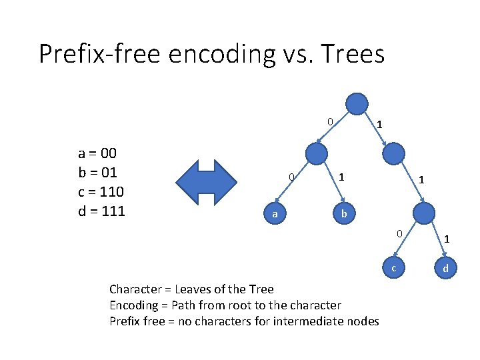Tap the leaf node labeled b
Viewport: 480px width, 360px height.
pyautogui.click(x=343, y=213)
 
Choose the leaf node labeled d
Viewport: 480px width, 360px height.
pyautogui.click(x=446, y=268)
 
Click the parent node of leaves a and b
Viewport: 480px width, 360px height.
pyautogui.click(x=316, y=153)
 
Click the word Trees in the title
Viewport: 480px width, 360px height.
pyautogui.click(x=353, y=53)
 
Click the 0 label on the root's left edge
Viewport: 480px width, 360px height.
pyautogui.click(x=329, y=121)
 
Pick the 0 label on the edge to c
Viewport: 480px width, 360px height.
pyautogui.click(x=398, y=233)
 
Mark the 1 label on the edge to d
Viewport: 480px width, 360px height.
pyautogui.click(x=447, y=238)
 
